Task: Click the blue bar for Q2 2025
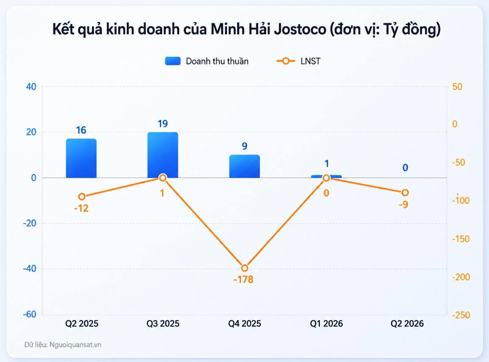pos(81,158)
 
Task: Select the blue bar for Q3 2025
pos(163,155)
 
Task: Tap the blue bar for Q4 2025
pos(244,166)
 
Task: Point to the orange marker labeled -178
pos(244,268)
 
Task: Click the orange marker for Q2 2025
pos(82,197)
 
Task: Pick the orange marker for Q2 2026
pos(405,192)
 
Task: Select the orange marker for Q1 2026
pos(326,178)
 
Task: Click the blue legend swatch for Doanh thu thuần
pos(173,61)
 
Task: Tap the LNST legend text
pos(310,61)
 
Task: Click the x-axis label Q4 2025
pos(244,324)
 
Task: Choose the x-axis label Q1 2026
pos(326,324)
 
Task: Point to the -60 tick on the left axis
pos(30,314)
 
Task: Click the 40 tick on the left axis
pos(31,87)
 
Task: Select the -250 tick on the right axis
pos(461,315)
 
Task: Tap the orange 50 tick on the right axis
pos(457,87)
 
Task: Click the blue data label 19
pos(163,124)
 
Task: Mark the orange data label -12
pos(81,208)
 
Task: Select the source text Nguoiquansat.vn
pos(76,345)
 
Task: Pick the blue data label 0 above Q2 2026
pos(405,168)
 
